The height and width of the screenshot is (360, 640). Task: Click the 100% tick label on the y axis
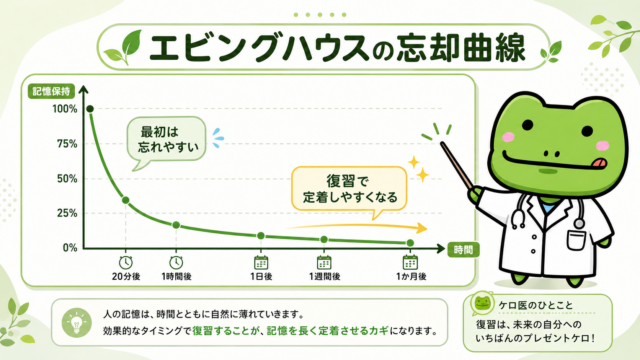coord(65,109)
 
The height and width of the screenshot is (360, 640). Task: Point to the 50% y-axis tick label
coord(67,179)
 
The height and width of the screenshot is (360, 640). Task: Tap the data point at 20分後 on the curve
coord(126,200)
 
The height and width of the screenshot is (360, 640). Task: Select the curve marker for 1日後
coord(261,236)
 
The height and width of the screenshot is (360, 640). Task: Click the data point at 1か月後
coord(410,243)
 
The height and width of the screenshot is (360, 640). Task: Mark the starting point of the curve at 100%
coord(90,109)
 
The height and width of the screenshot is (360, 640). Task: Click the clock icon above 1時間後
coord(176,262)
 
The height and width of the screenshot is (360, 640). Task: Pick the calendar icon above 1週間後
coord(324,262)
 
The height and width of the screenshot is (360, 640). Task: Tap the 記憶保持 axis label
coord(51,91)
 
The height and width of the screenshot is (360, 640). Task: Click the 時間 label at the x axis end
coord(463,249)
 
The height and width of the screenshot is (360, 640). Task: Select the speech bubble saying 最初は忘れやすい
coord(166,142)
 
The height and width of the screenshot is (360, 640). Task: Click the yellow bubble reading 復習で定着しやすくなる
coord(349,189)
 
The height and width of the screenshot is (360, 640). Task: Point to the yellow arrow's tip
coord(427,228)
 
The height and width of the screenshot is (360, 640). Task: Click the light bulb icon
coord(76,323)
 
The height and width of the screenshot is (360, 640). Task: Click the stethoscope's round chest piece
coord(579,223)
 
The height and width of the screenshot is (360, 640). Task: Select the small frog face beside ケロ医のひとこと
coord(482,303)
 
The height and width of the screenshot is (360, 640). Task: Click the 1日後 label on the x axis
coord(261,276)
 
